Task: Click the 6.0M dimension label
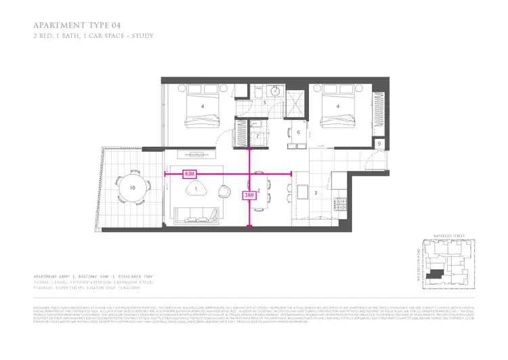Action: [190, 174]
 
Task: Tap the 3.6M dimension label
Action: [250, 195]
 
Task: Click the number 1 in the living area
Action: [195, 191]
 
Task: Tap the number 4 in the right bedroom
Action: [337, 106]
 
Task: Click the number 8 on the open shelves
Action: [297, 146]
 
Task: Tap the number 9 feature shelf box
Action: [379, 144]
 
